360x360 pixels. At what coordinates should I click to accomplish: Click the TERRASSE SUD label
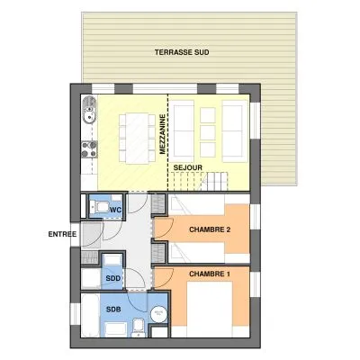click(x=182, y=52)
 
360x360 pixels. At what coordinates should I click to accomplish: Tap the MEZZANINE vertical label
click(x=163, y=134)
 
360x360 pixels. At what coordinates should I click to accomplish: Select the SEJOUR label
click(x=188, y=167)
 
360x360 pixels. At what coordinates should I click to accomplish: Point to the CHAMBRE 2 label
click(x=210, y=229)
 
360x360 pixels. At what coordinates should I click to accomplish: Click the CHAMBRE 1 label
click(x=207, y=274)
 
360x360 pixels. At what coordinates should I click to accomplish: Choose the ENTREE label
click(x=62, y=234)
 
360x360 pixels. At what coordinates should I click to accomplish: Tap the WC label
click(x=115, y=210)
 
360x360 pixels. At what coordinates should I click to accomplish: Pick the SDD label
click(x=113, y=278)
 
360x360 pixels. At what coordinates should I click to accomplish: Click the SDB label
click(x=113, y=309)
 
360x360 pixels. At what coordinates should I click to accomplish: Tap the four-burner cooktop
click(x=89, y=149)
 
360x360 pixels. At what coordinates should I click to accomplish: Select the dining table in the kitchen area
click(x=137, y=139)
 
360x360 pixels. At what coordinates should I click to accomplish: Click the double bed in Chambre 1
click(x=210, y=310)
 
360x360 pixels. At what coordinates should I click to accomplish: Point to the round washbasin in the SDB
click(x=158, y=314)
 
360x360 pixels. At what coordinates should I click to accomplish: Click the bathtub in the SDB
click(x=90, y=316)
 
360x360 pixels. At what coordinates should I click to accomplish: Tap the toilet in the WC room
click(x=99, y=207)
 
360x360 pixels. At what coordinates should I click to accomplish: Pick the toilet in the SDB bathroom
click(x=139, y=328)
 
